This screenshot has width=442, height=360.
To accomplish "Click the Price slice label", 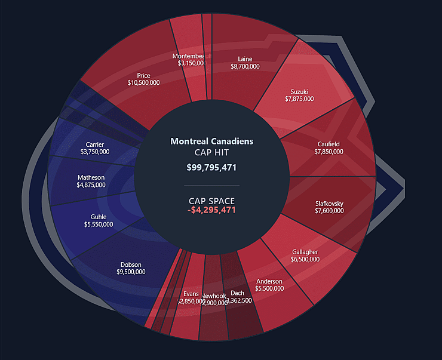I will pos(143,76).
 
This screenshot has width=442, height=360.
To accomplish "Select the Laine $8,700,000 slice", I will pos(245,63).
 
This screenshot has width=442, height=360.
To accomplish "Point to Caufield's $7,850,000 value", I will pos(329,152).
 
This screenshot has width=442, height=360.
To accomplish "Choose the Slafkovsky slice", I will pos(329,207).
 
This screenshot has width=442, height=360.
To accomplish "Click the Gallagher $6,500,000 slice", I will pos(305,256).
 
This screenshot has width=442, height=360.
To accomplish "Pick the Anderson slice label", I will pos(269,281).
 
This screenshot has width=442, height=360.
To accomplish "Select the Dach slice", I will pos(237,293).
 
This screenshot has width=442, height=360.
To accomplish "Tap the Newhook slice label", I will pos(213,296).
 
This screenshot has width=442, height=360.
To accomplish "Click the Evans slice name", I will pos(191,294).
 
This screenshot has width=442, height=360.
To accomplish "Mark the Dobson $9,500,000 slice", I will pos(131,267).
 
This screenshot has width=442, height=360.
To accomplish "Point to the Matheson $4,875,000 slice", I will pos(91,181).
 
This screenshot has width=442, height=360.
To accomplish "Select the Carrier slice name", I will pos(94,144).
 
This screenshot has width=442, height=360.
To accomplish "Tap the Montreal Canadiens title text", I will pos(211,141).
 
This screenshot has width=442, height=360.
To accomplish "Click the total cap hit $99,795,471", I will pos(211,167).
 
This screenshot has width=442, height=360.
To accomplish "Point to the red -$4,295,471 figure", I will pos(211,210).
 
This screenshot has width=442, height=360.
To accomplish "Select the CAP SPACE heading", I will pos(211,201).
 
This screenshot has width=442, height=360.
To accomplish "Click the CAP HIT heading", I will pos(211,153).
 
